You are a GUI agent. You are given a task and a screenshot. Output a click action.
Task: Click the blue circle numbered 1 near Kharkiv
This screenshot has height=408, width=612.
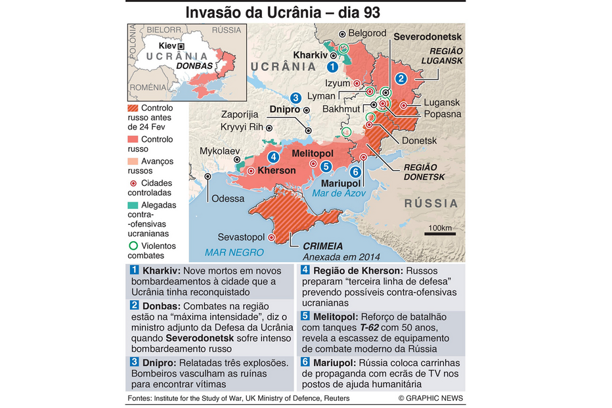pos(333,66)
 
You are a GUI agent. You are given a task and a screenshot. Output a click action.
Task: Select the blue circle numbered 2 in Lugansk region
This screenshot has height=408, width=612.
pos(401,78)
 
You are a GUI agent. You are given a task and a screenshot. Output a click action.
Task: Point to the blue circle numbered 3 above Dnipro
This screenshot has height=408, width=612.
pos(296,97)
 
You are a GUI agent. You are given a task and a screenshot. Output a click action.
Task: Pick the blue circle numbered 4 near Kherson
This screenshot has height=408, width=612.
pos(273,157)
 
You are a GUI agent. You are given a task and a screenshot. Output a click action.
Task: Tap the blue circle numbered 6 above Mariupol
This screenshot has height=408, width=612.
pos(355,172)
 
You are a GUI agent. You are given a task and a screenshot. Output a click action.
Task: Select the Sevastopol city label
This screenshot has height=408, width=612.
pos(241,237)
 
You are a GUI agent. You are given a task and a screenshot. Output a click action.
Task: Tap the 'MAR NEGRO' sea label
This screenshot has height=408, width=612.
pos(234,252)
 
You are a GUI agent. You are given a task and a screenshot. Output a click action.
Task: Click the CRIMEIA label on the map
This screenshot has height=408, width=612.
pos(323,246)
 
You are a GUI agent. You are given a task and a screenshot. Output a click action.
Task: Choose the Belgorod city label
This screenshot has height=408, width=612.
pos(367,33)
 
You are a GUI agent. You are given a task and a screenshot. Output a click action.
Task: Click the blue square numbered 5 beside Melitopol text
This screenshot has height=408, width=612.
pos(305,315)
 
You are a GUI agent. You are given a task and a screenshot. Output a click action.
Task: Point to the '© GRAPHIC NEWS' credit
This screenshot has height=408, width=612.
pos(430,398)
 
